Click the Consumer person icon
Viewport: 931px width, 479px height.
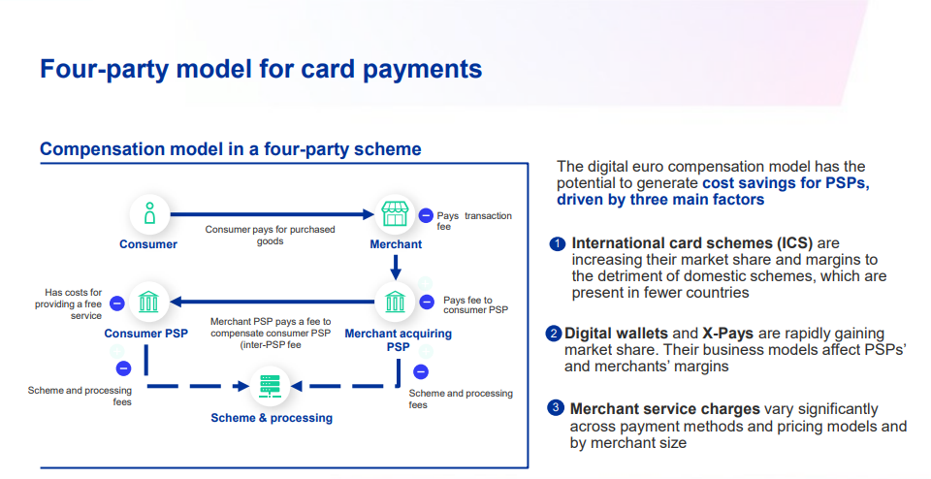coord(149,213)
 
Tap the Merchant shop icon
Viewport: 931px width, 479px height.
coord(395,213)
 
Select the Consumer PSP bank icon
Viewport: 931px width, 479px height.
coord(148,302)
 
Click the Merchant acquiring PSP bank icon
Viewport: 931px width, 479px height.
coord(395,302)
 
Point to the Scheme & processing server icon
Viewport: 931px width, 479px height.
coord(271,386)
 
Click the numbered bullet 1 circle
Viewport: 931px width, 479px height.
coord(557,244)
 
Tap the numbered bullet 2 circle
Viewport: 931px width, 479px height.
coord(554,334)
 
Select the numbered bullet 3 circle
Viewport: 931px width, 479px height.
coord(555,408)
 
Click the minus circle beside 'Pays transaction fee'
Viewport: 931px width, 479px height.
coord(426,216)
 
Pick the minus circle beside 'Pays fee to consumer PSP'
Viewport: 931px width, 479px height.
coord(427,303)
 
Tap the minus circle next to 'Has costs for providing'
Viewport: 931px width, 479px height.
coord(117,303)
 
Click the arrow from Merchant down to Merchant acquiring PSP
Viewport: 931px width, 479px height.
coord(396,267)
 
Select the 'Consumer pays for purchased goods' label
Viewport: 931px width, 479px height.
coord(271,235)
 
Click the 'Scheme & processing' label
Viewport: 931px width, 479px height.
coord(272,418)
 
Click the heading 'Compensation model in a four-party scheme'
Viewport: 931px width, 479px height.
coord(231,149)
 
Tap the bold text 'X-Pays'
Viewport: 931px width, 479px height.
coord(727,334)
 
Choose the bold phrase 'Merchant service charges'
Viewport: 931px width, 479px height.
coord(665,409)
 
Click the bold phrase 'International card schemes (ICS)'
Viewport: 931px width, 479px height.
coord(692,243)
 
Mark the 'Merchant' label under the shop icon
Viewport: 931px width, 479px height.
coord(396,244)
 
